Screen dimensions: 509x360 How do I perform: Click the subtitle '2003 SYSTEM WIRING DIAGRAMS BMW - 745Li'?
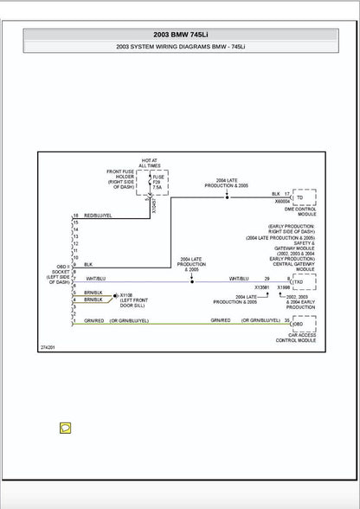click(180, 47)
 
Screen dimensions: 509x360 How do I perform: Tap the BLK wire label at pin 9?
click(87, 263)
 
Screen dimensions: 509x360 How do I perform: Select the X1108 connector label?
click(126, 294)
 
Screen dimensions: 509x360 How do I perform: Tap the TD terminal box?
click(299, 197)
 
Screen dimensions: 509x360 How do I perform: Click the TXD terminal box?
click(299, 282)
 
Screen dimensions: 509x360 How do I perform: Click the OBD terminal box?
click(299, 323)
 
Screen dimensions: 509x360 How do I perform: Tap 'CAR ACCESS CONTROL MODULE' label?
click(300, 338)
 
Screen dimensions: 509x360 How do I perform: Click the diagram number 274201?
click(48, 346)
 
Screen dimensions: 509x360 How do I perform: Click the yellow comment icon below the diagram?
click(65, 428)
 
